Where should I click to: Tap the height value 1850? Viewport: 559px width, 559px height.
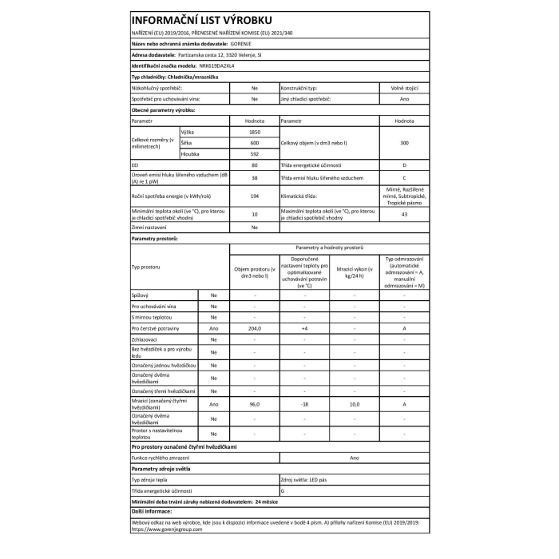tap(254, 131)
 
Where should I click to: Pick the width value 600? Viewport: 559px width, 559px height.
tap(254, 141)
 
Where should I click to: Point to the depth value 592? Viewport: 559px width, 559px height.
tap(254, 153)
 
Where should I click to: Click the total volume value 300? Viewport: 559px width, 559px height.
tap(404, 142)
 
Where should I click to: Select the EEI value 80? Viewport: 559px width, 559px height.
tap(254, 165)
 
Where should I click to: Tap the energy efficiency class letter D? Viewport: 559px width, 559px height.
tap(404, 165)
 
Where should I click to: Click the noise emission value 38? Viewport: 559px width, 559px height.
tap(254, 178)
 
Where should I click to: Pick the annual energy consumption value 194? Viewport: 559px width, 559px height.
tap(254, 196)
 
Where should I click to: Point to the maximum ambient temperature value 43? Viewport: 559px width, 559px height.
tap(404, 214)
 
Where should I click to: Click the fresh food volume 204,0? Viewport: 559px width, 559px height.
tap(254, 328)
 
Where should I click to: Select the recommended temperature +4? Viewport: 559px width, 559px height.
tap(304, 328)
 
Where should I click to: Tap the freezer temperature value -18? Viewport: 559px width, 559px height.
tap(304, 404)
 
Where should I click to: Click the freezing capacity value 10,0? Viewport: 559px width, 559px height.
tap(355, 404)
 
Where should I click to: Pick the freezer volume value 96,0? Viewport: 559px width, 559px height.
tap(254, 404)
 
